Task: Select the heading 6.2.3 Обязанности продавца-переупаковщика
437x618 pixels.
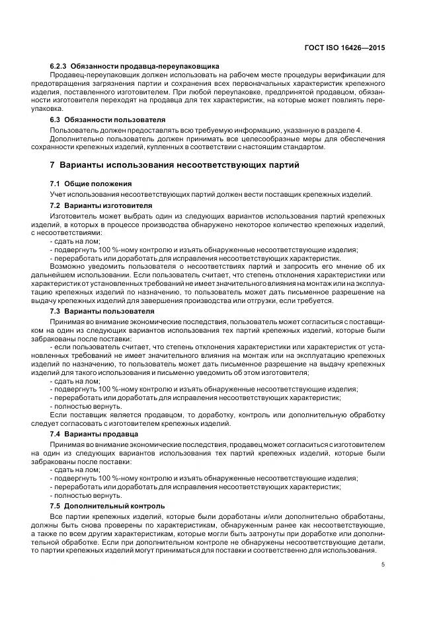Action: tap(135, 67)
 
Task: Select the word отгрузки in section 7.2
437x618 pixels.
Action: tap(265, 300)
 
